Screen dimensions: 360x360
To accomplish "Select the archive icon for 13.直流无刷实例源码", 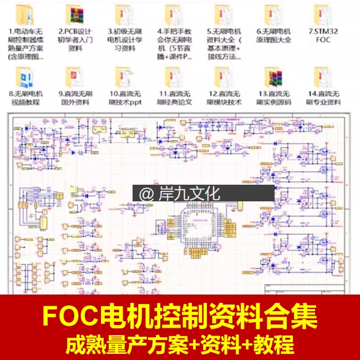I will point(272,77).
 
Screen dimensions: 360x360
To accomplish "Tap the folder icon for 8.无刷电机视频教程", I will point(24,77).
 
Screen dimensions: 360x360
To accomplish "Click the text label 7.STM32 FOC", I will point(322,36).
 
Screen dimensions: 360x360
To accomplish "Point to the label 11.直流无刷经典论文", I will point(173,98).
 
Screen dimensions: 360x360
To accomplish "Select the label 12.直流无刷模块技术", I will point(223,98).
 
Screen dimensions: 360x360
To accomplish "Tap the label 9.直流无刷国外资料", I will point(73,98).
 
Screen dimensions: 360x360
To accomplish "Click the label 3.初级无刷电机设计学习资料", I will point(123,40).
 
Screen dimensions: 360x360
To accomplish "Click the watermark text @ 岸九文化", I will point(179,194).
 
